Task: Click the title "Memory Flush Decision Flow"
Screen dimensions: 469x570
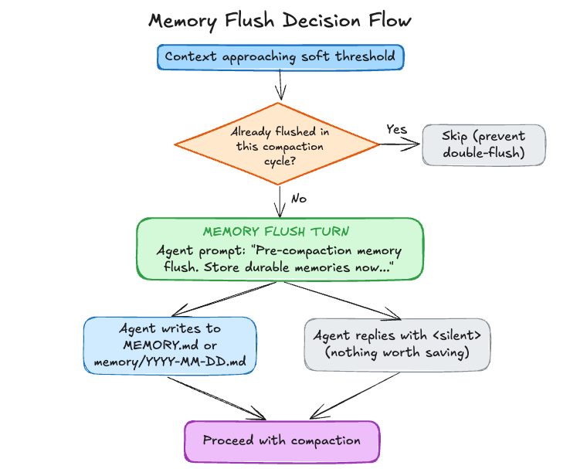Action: (280, 21)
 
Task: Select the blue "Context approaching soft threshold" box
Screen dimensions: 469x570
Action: (280, 56)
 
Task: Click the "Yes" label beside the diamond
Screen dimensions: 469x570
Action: (396, 130)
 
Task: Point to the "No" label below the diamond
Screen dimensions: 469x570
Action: (298, 199)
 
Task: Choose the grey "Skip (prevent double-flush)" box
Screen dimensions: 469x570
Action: (483, 145)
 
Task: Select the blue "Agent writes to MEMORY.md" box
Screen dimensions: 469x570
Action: (169, 345)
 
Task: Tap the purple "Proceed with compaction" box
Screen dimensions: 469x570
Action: (281, 441)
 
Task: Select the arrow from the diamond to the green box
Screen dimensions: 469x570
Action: (278, 202)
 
